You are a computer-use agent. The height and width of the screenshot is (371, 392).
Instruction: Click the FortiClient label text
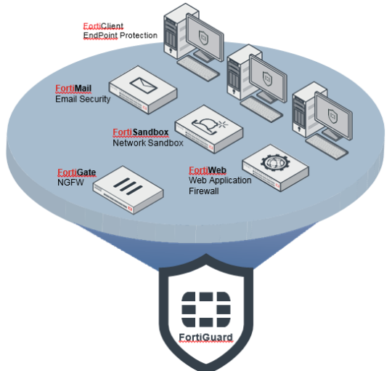tap(103, 26)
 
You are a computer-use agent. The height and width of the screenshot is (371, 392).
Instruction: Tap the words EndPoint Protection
tap(121, 36)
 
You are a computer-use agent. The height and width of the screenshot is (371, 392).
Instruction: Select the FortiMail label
tap(73, 89)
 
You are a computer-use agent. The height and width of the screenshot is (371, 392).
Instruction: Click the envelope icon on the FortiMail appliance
tap(144, 85)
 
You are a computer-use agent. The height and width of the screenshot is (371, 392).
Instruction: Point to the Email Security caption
tap(83, 99)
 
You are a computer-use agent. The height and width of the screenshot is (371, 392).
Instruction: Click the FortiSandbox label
tap(141, 132)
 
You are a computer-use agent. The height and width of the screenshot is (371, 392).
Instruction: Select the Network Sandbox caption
tap(148, 143)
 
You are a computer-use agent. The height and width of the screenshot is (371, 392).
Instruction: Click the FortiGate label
tap(76, 172)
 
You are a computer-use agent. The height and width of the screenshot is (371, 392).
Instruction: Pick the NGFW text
tap(70, 183)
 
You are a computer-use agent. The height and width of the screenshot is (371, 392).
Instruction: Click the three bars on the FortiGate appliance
tap(128, 186)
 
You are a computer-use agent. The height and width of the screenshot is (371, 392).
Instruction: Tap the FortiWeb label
tap(208, 170)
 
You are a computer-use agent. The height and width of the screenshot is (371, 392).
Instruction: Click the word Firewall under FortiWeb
tap(204, 191)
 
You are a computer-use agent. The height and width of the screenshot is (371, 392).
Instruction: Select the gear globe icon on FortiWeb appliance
tap(276, 162)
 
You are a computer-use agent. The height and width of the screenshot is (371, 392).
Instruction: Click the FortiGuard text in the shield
tap(205, 338)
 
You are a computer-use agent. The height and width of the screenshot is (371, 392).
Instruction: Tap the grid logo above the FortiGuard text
tap(206, 310)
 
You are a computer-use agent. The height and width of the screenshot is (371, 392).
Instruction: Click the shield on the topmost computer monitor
tap(203, 38)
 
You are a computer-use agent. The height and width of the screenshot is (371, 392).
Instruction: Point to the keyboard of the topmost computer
tap(198, 68)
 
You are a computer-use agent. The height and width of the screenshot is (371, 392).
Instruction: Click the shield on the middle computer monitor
tap(267, 78)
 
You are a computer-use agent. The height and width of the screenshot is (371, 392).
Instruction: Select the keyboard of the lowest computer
tap(327, 146)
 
